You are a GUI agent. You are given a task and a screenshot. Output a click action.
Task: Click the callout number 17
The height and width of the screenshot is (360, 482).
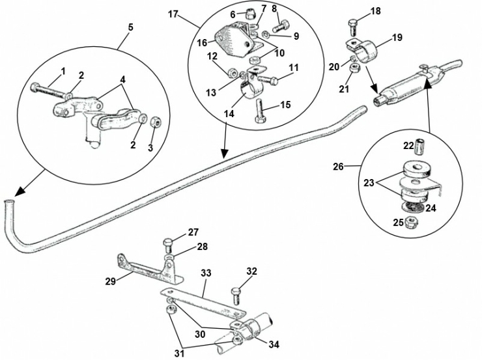tap(173, 14)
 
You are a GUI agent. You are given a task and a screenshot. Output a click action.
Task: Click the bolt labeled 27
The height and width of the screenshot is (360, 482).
tap(167, 245)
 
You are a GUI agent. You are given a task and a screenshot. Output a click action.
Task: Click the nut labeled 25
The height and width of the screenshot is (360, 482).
tap(412, 223)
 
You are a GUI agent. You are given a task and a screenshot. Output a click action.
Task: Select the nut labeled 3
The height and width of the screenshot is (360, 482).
tap(155, 123)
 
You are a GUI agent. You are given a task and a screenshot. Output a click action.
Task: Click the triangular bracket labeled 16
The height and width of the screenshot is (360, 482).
tap(229, 39)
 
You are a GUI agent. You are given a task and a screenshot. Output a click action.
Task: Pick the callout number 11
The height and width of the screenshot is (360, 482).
tap(294, 67)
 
